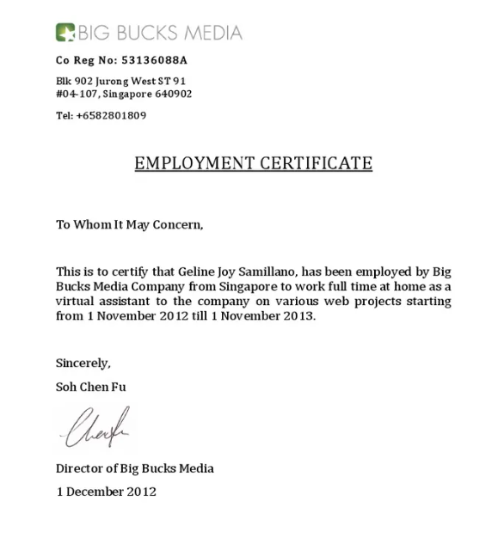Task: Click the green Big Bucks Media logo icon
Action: click(65, 33)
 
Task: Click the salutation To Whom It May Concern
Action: click(130, 225)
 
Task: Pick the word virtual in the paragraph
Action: click(75, 301)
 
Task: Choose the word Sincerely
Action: click(83, 363)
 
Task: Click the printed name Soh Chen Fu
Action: click(90, 387)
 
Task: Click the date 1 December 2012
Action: click(106, 492)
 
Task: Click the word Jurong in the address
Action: click(115, 81)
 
